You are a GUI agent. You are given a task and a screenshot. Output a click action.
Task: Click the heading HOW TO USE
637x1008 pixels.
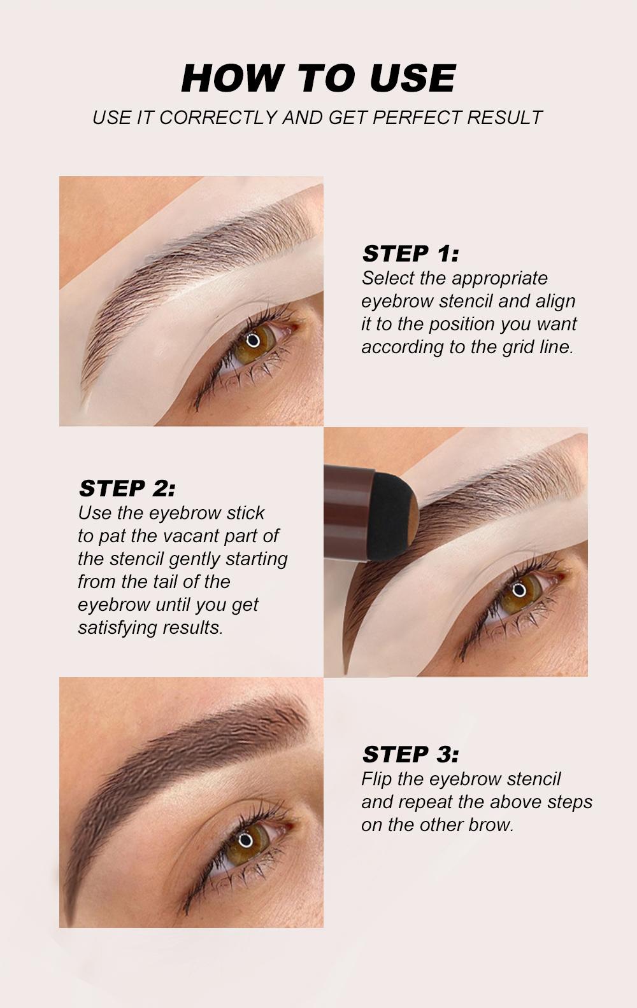point(318,79)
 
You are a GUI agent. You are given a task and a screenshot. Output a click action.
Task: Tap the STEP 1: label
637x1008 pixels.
point(410,254)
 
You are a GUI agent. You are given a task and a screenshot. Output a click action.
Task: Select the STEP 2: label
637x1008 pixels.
point(127,489)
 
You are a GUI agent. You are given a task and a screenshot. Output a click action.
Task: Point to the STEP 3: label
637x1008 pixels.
point(410,755)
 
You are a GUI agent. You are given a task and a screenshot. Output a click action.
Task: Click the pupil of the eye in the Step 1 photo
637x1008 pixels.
point(254,339)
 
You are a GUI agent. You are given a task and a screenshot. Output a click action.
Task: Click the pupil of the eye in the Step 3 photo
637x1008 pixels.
point(246,840)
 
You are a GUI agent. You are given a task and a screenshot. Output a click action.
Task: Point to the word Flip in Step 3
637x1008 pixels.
point(376,780)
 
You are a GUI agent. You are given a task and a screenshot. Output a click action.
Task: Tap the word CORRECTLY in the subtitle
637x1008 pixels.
point(218,118)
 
